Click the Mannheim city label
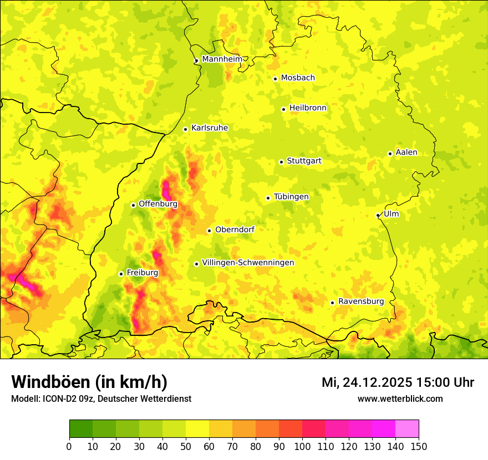222,59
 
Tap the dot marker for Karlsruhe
186,129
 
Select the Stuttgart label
304,161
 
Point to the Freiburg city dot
121,274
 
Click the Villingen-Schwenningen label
248,263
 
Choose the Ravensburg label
361,301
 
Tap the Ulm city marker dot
378,215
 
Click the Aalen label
406,152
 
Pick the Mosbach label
298,78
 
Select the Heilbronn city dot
283,109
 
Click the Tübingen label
291,197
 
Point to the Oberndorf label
235,229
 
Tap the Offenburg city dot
133,205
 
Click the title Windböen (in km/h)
89,382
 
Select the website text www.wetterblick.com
400,398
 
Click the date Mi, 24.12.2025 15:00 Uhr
398,382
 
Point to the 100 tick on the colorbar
302,446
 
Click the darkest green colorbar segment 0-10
81,428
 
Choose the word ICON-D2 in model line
57,398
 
